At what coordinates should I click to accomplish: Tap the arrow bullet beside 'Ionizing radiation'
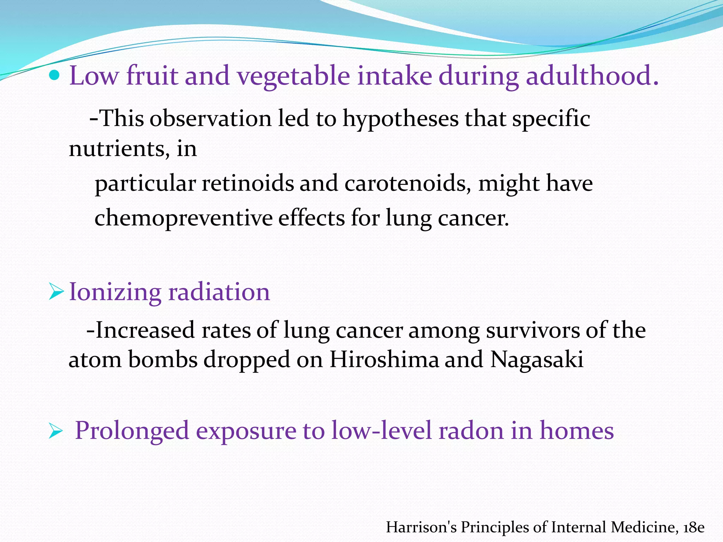pos(56,292)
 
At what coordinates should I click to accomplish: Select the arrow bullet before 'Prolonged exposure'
pos(55,431)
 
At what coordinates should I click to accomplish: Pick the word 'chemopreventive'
pos(183,218)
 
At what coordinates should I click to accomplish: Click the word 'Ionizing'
pos(115,293)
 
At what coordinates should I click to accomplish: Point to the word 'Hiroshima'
pos(384,360)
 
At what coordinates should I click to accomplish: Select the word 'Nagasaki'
pos(537,360)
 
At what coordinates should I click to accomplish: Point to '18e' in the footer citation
pos(694,527)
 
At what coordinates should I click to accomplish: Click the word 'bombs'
pos(162,360)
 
